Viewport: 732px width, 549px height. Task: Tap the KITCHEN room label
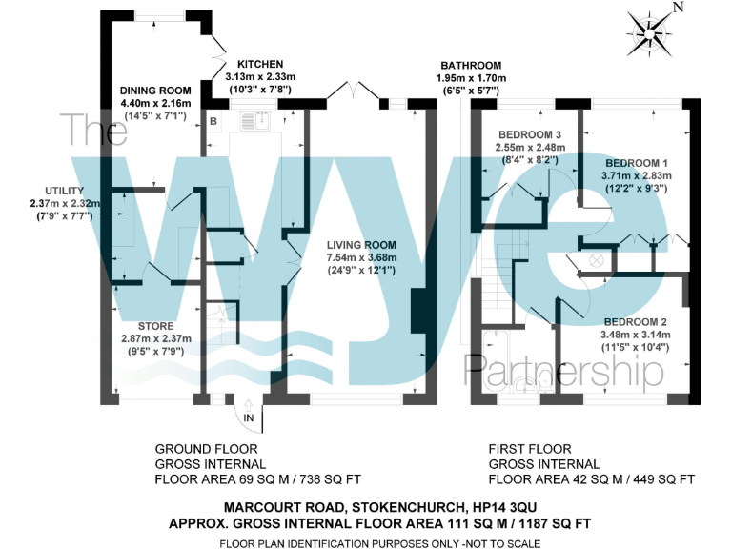click(260, 63)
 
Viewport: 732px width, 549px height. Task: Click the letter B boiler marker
click(213, 121)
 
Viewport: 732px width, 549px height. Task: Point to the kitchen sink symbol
click(256, 121)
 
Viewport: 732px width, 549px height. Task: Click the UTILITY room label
click(58, 191)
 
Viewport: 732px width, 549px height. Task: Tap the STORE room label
click(155, 326)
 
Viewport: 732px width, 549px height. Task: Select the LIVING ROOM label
click(358, 245)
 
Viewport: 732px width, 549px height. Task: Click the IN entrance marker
click(249, 417)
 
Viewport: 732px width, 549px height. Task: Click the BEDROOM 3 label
click(530, 134)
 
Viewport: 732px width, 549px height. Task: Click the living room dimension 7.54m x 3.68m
click(358, 257)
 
